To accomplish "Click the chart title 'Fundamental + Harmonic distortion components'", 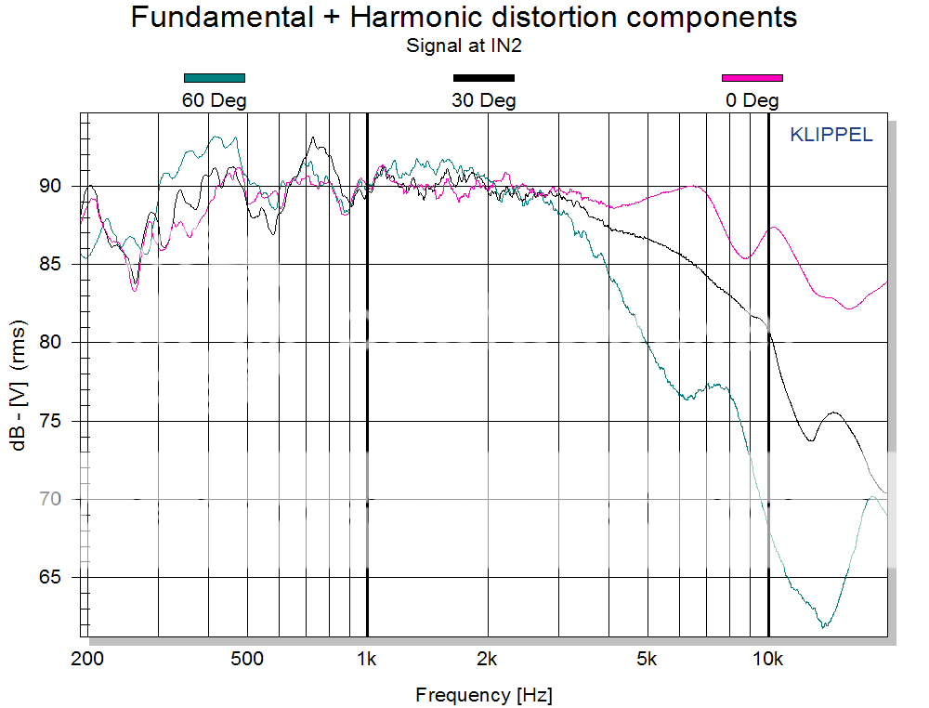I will (464, 17).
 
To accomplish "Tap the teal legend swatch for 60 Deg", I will (215, 78).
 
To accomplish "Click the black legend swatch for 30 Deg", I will (483, 78).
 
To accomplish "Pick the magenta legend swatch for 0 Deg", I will (752, 78).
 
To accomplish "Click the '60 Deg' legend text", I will (215, 99).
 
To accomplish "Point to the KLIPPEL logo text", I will (831, 135).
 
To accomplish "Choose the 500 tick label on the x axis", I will (246, 660).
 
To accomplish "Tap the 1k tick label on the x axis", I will (367, 660).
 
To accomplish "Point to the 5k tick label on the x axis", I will (648, 660).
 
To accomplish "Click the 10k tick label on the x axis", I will (768, 660).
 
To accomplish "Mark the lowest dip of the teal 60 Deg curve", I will (824, 627).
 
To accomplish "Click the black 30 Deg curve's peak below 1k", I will (313, 138).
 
